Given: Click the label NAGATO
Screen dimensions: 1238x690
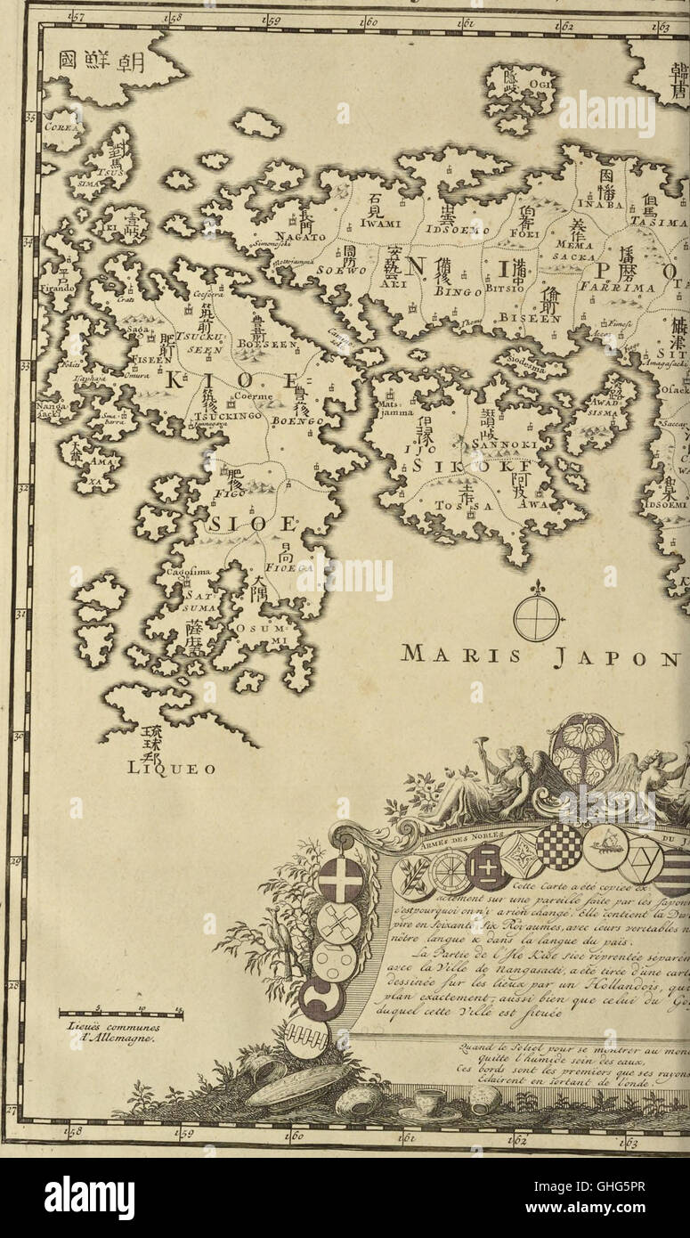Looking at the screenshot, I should tap(299, 235).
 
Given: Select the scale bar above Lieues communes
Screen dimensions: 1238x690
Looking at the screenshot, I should tap(120, 1012).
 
